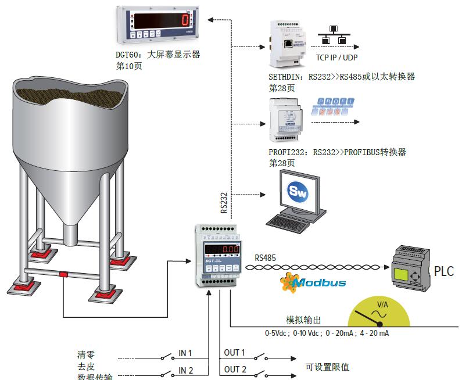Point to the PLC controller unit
(410, 270)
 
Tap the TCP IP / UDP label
(336, 58)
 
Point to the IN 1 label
(185, 353)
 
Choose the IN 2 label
(185, 371)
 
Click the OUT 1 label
(235, 353)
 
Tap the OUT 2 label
(235, 370)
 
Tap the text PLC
(444, 271)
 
